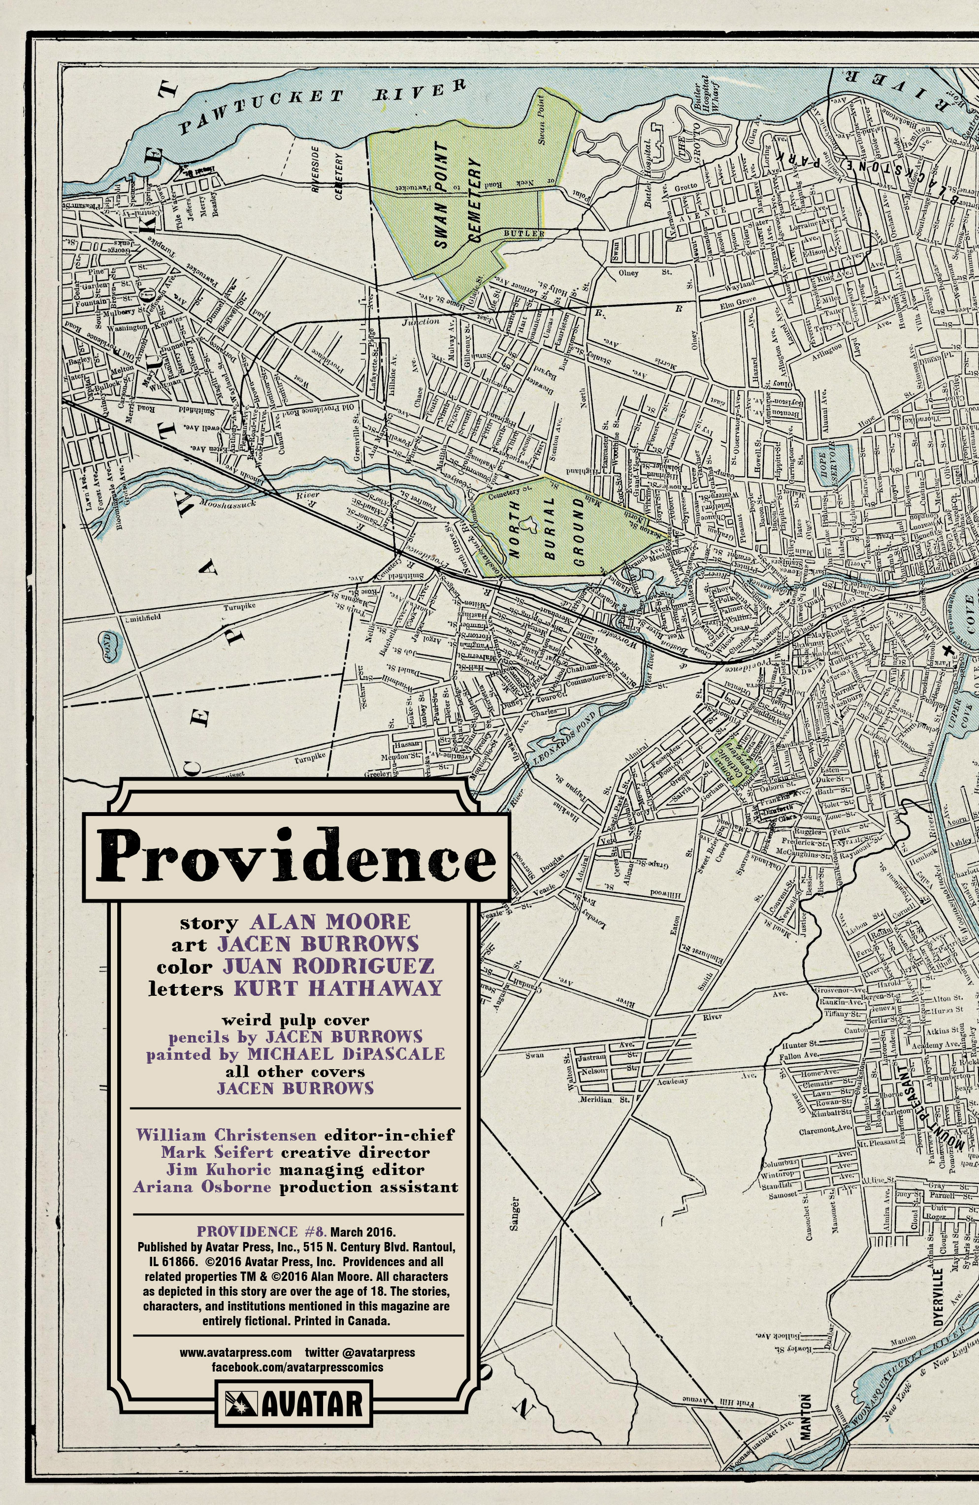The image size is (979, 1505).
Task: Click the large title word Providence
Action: coord(296,857)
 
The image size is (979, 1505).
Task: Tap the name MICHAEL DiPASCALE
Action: coord(345,1054)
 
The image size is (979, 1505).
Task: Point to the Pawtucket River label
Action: coord(323,104)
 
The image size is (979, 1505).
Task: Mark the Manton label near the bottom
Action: coord(806,1408)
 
